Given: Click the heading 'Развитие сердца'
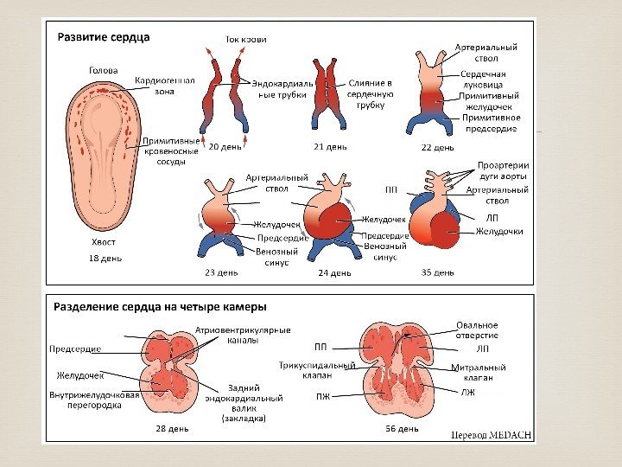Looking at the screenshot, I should click(x=104, y=37).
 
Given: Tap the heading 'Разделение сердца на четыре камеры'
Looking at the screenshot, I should click(x=161, y=306).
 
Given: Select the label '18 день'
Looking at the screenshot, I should click(x=105, y=258).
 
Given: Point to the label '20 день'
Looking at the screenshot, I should click(x=225, y=146).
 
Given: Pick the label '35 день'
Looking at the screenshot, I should click(x=437, y=272).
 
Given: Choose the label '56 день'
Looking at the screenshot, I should click(x=402, y=428).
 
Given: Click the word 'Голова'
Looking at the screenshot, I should click(x=104, y=70).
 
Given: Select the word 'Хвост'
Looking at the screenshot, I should click(x=104, y=242).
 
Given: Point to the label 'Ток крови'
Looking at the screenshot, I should click(x=246, y=39).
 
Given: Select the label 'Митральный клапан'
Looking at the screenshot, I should click(x=473, y=373).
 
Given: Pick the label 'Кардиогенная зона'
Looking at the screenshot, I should click(x=164, y=85).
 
